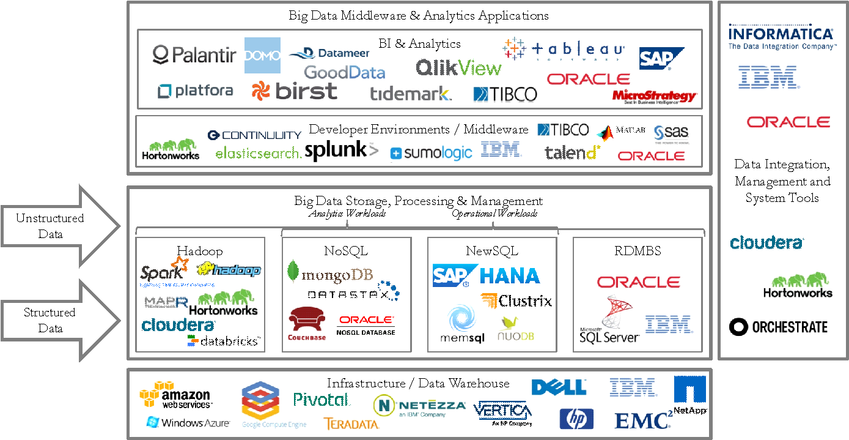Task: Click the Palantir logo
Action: [x=194, y=56]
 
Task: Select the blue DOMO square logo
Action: [x=262, y=55]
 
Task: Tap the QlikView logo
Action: [x=458, y=67]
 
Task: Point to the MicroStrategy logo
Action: [x=655, y=97]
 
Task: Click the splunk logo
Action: [x=341, y=150]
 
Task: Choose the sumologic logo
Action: [x=431, y=153]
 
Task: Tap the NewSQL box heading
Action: [x=491, y=251]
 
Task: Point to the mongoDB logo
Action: [x=329, y=274]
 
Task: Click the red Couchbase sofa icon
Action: [x=307, y=321]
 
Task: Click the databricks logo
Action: [x=224, y=340]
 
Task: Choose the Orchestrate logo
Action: [x=779, y=327]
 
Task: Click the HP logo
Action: [x=576, y=419]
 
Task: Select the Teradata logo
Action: [x=351, y=423]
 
